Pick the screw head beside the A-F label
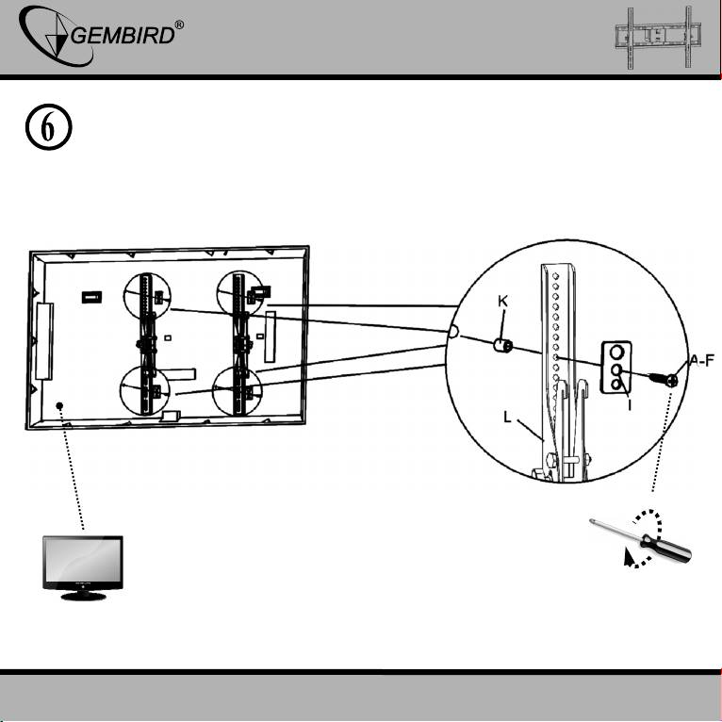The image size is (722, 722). click(x=671, y=380)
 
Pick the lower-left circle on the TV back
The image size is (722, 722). click(x=146, y=390)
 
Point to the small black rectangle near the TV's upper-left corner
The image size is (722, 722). click(x=91, y=297)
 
